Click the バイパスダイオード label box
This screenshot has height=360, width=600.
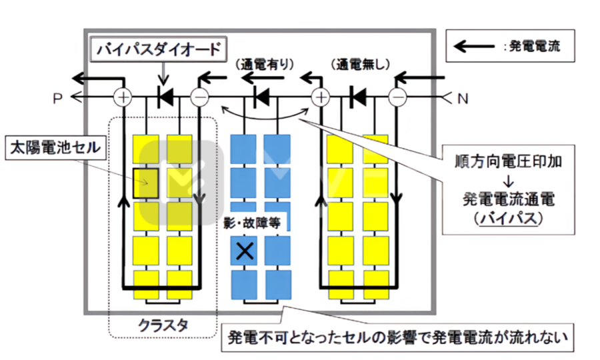click(157, 49)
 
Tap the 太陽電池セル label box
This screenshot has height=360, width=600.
click(55, 148)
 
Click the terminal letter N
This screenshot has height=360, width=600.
click(463, 99)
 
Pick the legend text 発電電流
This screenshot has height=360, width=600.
click(535, 47)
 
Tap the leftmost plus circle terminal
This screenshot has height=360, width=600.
click(123, 98)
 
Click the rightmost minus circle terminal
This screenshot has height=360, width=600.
click(397, 98)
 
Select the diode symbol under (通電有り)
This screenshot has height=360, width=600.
click(261, 98)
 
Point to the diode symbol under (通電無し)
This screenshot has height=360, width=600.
click(357, 98)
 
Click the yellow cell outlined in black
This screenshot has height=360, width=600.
click(145, 183)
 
